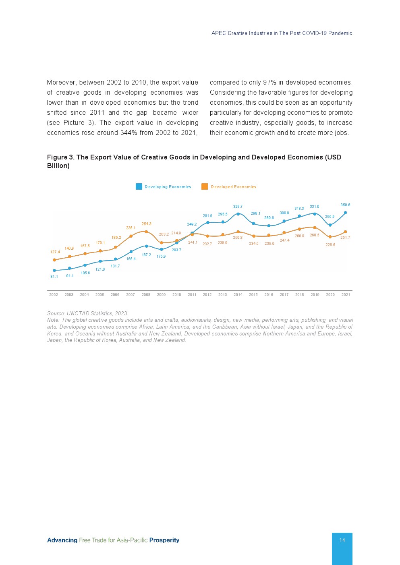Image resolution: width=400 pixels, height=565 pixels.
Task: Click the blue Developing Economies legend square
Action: click(x=139, y=186)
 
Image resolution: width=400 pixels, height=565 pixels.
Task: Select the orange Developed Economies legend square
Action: click(x=205, y=186)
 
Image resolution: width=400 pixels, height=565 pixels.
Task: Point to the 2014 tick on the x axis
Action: click(x=238, y=295)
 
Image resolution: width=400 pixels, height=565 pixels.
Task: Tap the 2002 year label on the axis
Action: click(x=54, y=295)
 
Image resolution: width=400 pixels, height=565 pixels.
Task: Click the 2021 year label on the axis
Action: click(x=346, y=295)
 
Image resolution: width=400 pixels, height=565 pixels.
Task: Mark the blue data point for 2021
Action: click(x=345, y=213)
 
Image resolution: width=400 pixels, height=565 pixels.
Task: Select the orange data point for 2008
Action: click(x=146, y=232)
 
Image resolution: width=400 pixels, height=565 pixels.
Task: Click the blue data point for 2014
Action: click(x=238, y=214)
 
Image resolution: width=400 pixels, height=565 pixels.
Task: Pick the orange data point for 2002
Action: click(x=54, y=260)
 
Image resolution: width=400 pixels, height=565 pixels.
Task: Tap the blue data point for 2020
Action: click(x=330, y=225)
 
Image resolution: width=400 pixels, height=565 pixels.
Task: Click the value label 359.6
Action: click(x=345, y=205)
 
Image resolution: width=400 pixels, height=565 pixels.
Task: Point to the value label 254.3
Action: click(x=146, y=224)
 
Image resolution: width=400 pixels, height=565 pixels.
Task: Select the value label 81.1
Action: click(x=54, y=277)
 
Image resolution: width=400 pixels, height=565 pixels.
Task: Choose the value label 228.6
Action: click(x=330, y=245)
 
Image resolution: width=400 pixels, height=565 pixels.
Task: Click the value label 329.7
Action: click(x=238, y=207)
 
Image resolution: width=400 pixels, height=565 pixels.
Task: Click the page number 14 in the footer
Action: click(x=342, y=540)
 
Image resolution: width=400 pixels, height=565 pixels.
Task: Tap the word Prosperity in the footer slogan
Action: click(x=164, y=540)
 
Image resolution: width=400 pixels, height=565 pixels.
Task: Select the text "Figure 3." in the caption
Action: click(x=61, y=157)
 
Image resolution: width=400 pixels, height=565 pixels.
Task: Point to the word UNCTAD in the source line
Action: click(x=78, y=313)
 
